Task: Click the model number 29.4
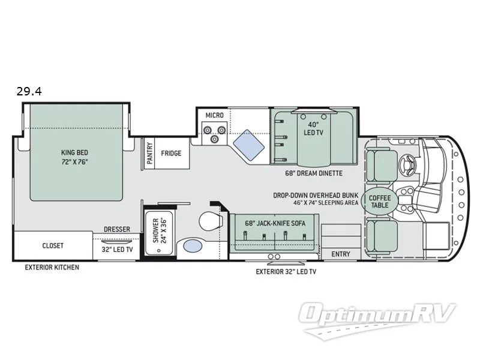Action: click(x=29, y=91)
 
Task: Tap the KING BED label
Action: click(x=74, y=152)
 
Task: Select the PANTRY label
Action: click(x=149, y=153)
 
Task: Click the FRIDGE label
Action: click(x=171, y=153)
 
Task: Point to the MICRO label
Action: click(x=215, y=115)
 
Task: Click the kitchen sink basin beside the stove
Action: click(x=248, y=145)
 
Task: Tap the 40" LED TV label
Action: click(x=313, y=128)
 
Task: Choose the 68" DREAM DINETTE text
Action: click(x=314, y=173)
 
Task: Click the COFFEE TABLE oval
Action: click(x=380, y=202)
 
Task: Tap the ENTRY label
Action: click(x=341, y=254)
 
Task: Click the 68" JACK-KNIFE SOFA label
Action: click(x=275, y=223)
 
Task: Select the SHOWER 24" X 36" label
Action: click(x=159, y=230)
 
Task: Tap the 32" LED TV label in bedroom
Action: click(x=117, y=250)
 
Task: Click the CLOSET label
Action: click(x=53, y=245)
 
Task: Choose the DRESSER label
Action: click(x=117, y=229)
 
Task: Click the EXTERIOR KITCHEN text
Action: click(x=52, y=267)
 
